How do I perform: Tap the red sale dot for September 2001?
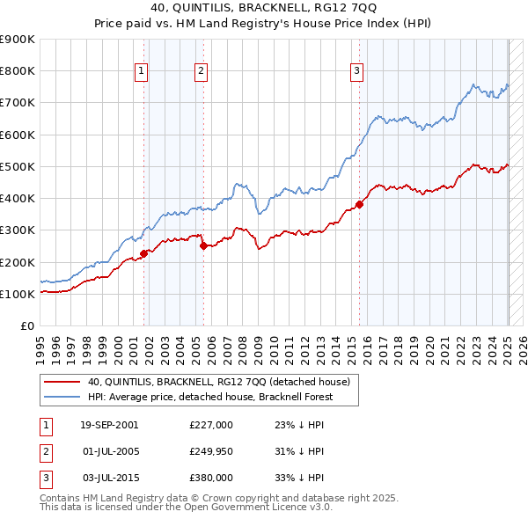[143, 253]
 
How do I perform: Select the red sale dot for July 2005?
[203, 246]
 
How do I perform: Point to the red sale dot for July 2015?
[359, 205]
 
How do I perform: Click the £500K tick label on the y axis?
[18, 166]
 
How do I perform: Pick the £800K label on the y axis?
[18, 71]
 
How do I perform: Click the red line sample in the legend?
[62, 382]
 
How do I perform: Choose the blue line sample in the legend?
[62, 397]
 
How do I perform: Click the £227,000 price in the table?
[211, 425]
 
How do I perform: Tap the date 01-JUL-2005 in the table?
[109, 451]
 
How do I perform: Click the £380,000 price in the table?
[211, 478]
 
